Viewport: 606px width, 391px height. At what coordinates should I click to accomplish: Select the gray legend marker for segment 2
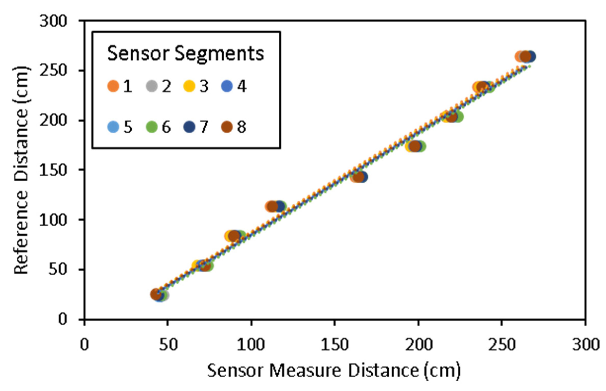point(152,86)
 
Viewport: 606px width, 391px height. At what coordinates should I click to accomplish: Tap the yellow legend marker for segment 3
point(189,86)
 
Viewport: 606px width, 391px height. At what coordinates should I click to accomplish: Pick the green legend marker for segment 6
point(152,127)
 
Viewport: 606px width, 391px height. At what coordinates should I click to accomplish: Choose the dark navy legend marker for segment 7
point(189,127)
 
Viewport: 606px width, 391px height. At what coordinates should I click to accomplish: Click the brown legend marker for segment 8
point(227,127)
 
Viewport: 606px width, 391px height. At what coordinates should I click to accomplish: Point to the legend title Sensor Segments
point(185,54)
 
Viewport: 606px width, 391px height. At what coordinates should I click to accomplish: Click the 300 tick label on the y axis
point(53,21)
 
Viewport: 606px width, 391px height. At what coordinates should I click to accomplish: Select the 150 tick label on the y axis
point(53,170)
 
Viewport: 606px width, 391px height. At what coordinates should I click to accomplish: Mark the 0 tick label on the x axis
point(84,345)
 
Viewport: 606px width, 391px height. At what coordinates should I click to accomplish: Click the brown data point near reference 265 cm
point(525,57)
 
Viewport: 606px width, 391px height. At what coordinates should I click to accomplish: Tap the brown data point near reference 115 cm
point(272,206)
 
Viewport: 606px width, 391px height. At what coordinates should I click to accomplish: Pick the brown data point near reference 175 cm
point(415,146)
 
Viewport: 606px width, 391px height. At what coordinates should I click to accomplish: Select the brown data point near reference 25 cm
point(156,294)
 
